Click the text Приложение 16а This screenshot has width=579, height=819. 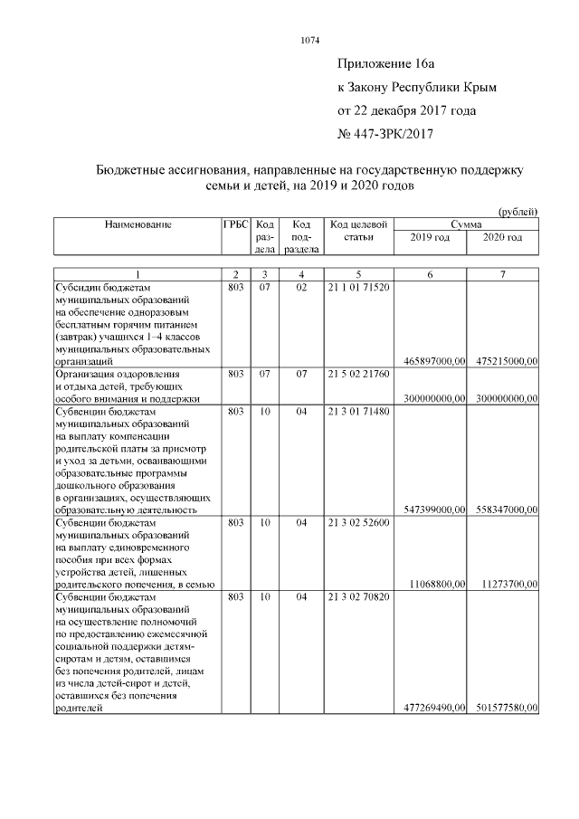tap(386, 64)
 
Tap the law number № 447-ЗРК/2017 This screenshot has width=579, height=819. tap(386, 135)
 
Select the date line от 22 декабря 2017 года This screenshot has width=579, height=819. tap(406, 111)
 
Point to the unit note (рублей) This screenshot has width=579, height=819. tap(518, 211)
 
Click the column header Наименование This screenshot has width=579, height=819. tap(138, 224)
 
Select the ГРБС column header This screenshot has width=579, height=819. tap(235, 224)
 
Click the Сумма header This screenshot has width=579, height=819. tap(466, 224)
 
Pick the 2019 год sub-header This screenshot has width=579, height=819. tap(430, 236)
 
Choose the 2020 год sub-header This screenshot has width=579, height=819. tap(503, 236)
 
